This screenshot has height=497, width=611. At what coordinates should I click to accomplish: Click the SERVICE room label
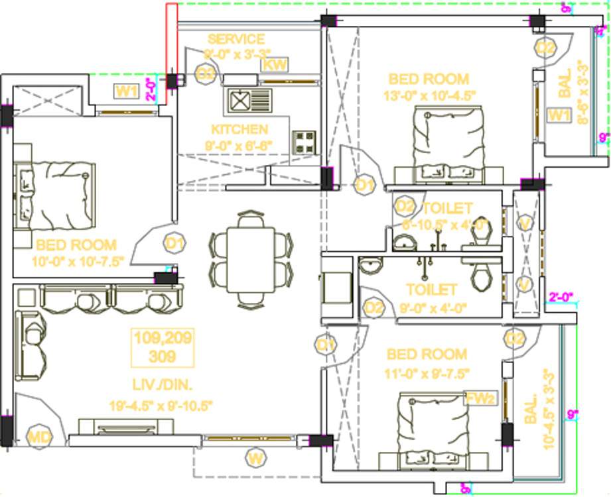[236, 39]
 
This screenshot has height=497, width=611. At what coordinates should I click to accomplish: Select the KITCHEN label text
[239, 129]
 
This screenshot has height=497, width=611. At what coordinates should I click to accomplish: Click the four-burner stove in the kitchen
[305, 140]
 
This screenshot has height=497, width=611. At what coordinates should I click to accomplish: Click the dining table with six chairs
[250, 259]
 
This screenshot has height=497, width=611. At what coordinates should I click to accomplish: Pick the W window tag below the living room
[253, 457]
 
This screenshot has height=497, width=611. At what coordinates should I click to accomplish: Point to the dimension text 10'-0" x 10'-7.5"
[78, 260]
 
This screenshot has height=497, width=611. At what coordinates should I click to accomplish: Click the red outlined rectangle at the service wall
[171, 40]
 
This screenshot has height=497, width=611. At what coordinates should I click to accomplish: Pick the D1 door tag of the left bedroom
[174, 244]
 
